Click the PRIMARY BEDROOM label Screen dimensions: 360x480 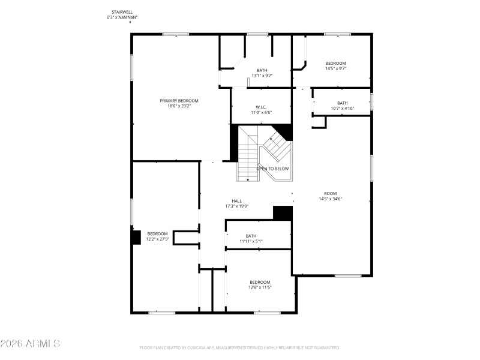(x=179, y=101)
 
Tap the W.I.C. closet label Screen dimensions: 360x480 (x=260, y=107)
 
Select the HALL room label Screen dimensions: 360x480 (x=237, y=201)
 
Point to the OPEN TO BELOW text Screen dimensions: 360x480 (x=272, y=169)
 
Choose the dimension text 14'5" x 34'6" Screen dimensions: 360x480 (x=330, y=199)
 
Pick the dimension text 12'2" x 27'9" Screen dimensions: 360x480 (x=158, y=239)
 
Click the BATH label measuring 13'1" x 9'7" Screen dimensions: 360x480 (x=262, y=70)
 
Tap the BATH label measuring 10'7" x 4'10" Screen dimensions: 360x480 (x=342, y=103)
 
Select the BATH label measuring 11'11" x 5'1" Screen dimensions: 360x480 (x=251, y=236)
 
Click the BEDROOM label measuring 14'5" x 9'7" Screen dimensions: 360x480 (x=335, y=63)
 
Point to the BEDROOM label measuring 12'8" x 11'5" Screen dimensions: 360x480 (x=260, y=282)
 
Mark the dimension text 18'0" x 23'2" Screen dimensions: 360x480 (x=179, y=106)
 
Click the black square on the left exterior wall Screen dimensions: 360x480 (x=136, y=236)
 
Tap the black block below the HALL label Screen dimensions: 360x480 (x=282, y=213)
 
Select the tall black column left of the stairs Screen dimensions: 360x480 (x=235, y=142)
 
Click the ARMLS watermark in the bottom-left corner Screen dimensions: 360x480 (x=30, y=344)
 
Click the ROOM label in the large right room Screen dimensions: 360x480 (x=330, y=193)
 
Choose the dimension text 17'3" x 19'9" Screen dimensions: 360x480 (x=237, y=206)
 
